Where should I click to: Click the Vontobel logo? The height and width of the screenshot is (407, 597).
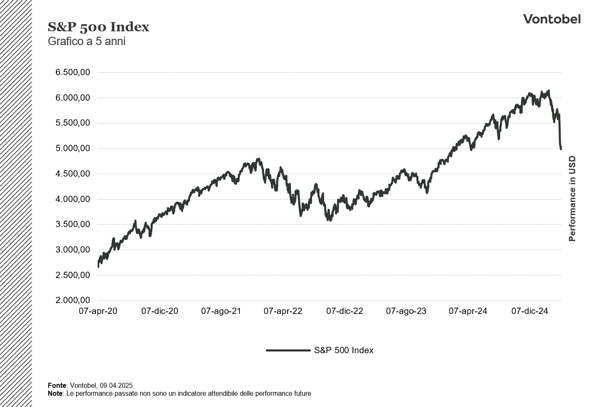coord(552,19)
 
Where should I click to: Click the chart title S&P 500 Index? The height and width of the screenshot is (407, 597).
coord(98,27)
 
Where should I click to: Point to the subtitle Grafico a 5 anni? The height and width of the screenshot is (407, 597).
coord(86,41)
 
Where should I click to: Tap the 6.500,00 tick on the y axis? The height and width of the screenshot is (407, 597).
coord(73,72)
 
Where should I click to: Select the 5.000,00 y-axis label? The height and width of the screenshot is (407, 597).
coord(73,148)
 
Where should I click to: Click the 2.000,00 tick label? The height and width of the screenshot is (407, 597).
coord(73,300)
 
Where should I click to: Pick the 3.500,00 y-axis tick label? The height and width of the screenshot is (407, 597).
coord(73,224)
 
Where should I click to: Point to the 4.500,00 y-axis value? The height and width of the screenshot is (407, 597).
coord(73,174)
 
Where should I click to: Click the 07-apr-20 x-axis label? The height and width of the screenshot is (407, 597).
coord(98,311)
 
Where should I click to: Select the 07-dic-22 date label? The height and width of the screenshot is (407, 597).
coord(345,311)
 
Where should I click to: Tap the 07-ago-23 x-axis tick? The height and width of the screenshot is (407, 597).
coord(406,311)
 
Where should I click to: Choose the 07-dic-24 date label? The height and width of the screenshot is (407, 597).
coord(529,311)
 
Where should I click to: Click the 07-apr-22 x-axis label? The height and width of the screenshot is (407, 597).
coord(283,311)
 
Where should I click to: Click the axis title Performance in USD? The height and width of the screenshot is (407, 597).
coord(572,199)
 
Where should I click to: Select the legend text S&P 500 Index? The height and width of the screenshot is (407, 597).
coord(343,350)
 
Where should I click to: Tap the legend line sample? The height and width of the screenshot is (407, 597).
coord(288,350)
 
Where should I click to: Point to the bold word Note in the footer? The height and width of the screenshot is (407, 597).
coord(55,393)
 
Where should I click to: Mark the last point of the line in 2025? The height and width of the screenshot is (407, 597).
coord(561,149)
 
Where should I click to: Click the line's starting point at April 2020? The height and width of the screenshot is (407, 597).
coord(98,266)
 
